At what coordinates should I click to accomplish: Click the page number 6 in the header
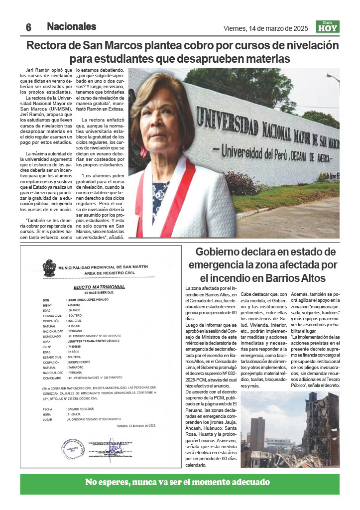click(x=29, y=27)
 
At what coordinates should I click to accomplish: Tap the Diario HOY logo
click(x=328, y=26)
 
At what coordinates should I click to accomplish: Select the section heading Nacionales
click(x=71, y=26)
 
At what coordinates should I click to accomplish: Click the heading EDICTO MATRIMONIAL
click(x=100, y=287)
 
